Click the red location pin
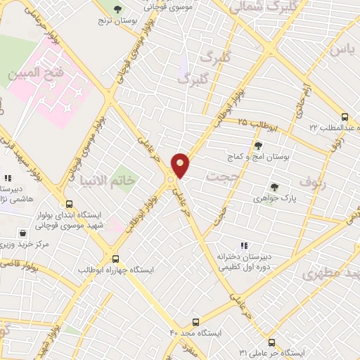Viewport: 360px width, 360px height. (x=180, y=165)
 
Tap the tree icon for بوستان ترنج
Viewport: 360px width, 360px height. (x=117, y=9)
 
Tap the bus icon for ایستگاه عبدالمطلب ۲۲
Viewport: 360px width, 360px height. (x=344, y=117)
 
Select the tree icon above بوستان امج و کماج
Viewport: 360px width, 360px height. (x=258, y=146)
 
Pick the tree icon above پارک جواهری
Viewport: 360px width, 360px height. (x=274, y=186)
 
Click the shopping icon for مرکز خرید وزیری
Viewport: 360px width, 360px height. (x=24, y=233)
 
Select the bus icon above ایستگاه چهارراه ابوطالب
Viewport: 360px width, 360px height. (x=116, y=258)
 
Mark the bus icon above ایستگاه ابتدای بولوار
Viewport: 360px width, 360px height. (x=67, y=202)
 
